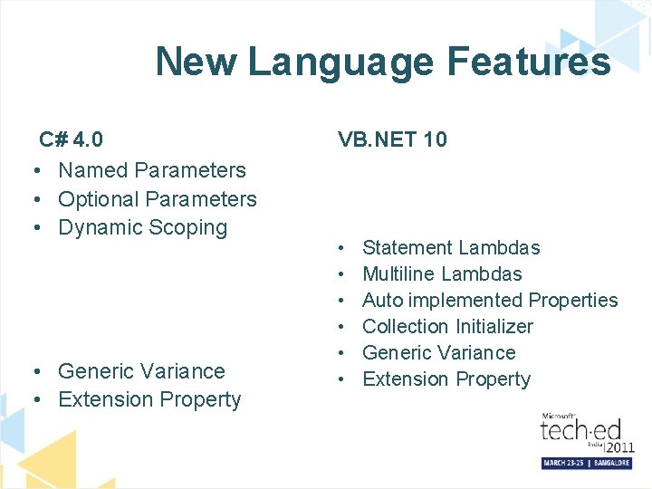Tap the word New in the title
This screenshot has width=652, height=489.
[195, 62]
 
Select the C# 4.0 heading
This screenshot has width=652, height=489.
[71, 139]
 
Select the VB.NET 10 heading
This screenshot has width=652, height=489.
[392, 139]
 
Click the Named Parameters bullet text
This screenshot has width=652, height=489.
[152, 170]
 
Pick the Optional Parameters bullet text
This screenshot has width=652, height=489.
[158, 199]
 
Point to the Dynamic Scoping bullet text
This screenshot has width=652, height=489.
[142, 227]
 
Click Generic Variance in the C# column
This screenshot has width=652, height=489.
[141, 371]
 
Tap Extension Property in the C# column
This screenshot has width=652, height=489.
[149, 399]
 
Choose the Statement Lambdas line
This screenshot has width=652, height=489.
[451, 248]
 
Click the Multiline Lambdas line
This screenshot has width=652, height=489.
[442, 274]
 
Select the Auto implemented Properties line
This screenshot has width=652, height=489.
[490, 301]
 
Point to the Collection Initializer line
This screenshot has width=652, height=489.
[447, 327]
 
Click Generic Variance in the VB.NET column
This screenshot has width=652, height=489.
[439, 353]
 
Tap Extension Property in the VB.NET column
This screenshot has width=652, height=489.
[446, 379]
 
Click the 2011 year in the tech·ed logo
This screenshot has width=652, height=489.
[619, 447]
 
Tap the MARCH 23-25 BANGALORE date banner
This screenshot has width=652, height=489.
[586, 463]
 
